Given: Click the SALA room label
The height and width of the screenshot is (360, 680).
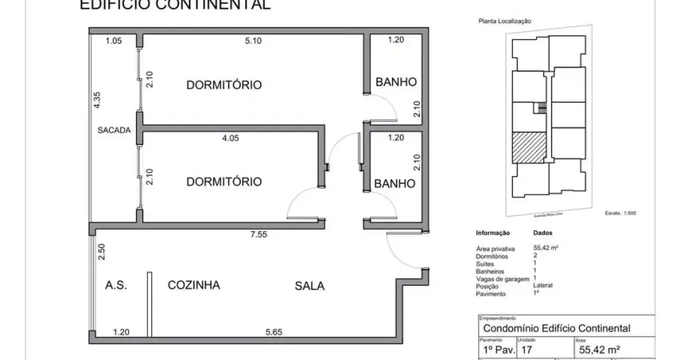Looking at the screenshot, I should pyautogui.click(x=310, y=285).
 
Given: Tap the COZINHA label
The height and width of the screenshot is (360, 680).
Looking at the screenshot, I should pyautogui.click(x=194, y=284).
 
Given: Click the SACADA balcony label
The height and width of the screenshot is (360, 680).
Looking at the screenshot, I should pyautogui.click(x=114, y=130).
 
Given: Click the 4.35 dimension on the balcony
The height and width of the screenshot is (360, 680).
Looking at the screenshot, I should pyautogui.click(x=97, y=100).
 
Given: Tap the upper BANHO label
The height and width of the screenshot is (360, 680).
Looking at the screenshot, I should pyautogui.click(x=396, y=82).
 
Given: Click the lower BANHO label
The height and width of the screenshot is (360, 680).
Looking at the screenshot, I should pyautogui.click(x=394, y=183).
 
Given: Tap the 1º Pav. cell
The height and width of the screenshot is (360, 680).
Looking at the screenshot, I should pyautogui.click(x=499, y=349).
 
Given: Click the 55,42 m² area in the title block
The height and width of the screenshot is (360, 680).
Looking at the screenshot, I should pyautogui.click(x=601, y=349).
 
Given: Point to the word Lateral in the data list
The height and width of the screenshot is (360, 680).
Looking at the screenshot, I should pyautogui.click(x=543, y=285).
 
